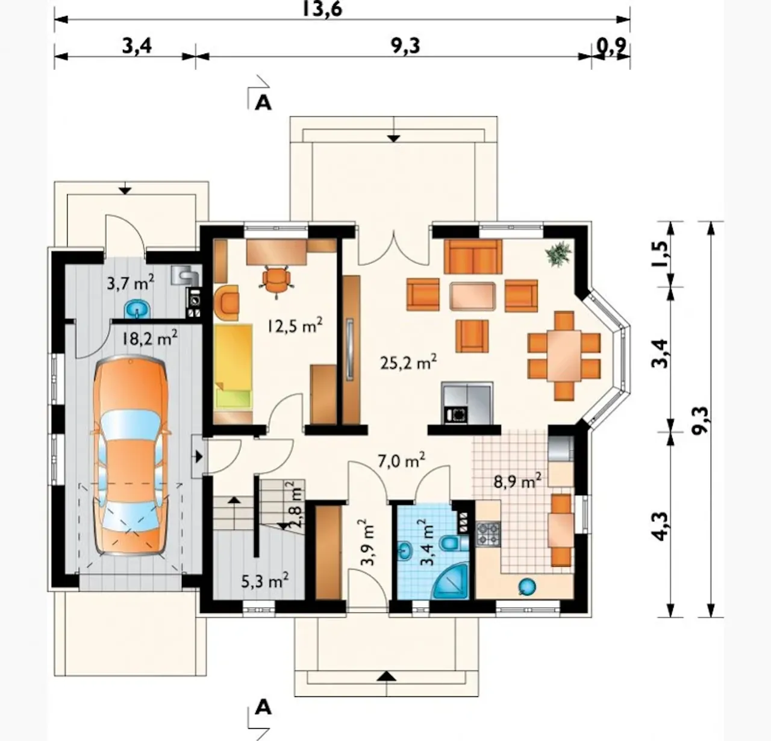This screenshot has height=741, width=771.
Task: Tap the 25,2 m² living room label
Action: point(408,363)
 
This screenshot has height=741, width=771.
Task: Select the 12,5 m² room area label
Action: point(295,326)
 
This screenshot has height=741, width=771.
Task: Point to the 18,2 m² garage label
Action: point(149,339)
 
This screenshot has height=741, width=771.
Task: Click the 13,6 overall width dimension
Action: point(322,8)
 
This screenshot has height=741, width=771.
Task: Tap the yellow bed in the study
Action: point(234,367)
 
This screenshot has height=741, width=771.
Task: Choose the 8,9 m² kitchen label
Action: point(517,482)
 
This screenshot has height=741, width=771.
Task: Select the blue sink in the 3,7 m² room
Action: point(138,308)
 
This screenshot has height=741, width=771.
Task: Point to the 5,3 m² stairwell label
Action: point(264,581)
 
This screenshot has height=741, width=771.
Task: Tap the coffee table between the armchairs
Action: point(472,296)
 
